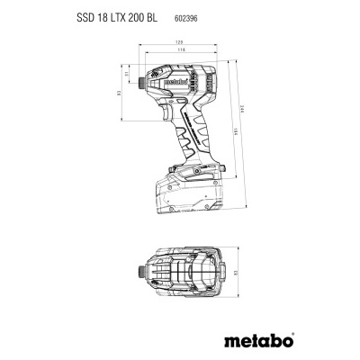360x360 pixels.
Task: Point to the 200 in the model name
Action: (x=138, y=18)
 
